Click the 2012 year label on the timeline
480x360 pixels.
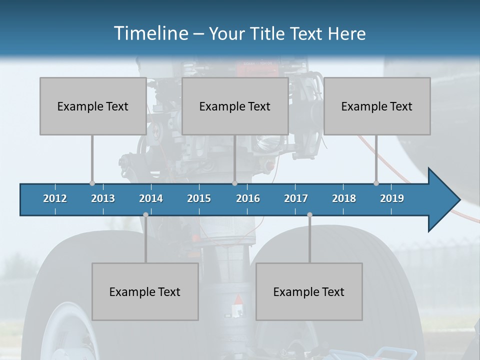coord(55,198)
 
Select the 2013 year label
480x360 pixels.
coord(103,198)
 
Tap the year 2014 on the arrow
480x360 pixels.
coord(151,198)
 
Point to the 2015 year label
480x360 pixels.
coord(199,198)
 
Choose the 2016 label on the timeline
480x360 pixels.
coord(248,198)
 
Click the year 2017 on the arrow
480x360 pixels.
coord(296,198)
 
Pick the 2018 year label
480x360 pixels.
coord(344,198)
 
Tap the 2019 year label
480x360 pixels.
coord(392,198)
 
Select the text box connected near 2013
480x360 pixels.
coord(93,106)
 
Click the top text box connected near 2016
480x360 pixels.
coord(235,106)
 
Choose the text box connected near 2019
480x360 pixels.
coord(377,106)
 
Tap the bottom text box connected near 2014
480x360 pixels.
coord(145,291)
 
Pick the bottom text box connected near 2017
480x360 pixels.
coord(309,291)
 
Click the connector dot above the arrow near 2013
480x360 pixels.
coord(92,183)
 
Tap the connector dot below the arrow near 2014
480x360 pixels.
coord(145,214)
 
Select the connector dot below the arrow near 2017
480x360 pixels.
coord(309,214)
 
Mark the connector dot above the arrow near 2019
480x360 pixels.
coord(376,183)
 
